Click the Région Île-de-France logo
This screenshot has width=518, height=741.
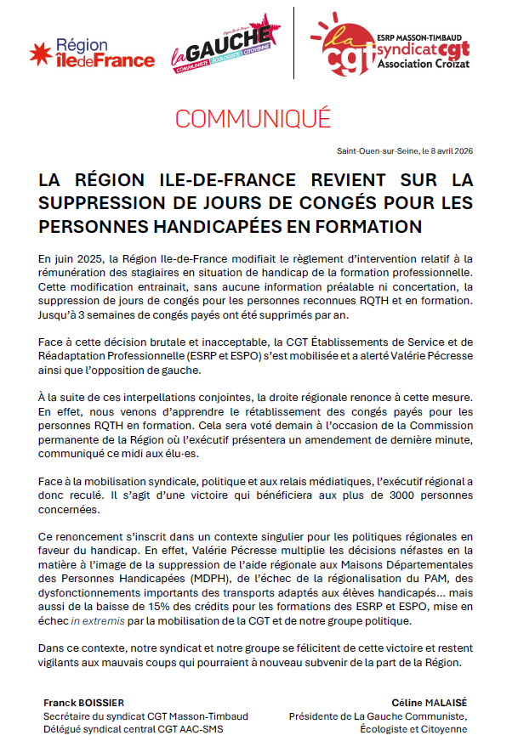[92, 53]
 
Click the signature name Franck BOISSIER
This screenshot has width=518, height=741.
[83, 703]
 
